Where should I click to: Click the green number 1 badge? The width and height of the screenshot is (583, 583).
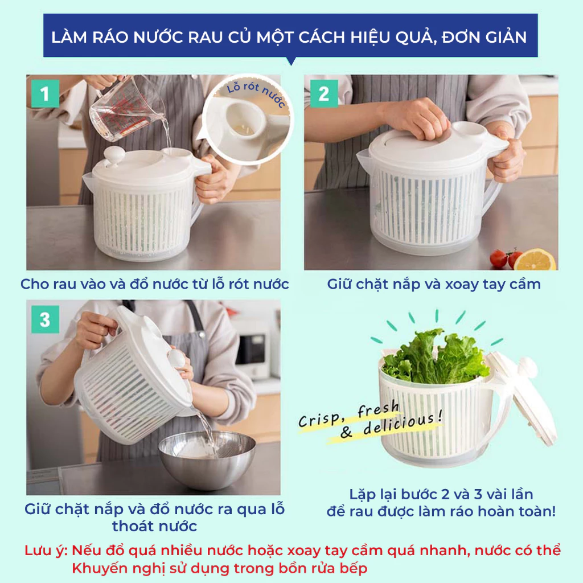tap(45, 94)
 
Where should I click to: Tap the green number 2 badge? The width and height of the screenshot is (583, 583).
tap(324, 94)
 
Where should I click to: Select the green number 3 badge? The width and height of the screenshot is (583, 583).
tap(45, 319)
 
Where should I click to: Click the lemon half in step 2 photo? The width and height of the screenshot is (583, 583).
tap(535, 260)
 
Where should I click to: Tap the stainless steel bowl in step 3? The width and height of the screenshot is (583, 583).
tap(207, 459)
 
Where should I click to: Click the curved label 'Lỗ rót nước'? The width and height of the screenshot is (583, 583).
tap(256, 92)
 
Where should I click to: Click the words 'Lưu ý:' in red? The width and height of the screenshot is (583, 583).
tap(46, 551)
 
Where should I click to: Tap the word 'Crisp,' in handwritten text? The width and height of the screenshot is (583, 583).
tap(320, 420)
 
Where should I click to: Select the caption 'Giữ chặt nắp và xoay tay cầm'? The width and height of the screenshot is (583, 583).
tap(433, 285)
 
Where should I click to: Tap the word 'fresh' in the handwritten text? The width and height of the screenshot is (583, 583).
tap(378, 409)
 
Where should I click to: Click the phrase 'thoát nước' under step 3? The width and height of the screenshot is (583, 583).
tap(154, 526)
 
